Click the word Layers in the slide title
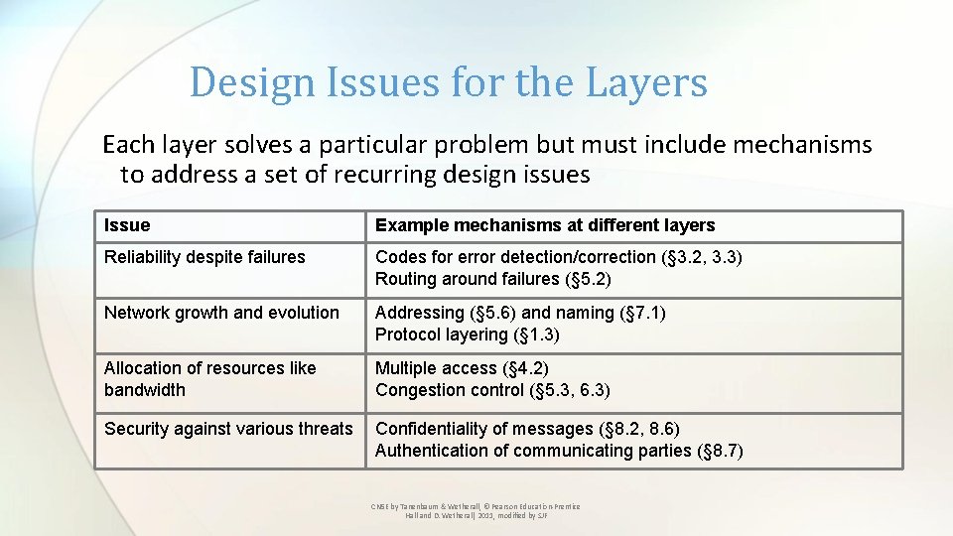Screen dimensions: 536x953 pyautogui.click(x=646, y=82)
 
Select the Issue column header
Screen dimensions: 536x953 pyautogui.click(x=127, y=225)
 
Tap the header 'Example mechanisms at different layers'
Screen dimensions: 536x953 pyautogui.click(x=544, y=225)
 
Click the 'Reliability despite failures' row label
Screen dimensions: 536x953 pyautogui.click(x=204, y=257)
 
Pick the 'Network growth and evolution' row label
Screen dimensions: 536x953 pyautogui.click(x=221, y=313)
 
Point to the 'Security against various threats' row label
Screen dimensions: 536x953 pyautogui.click(x=228, y=429)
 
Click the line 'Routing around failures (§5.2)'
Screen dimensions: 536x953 pyautogui.click(x=492, y=279)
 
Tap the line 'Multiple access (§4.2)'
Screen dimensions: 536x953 pyautogui.click(x=462, y=368)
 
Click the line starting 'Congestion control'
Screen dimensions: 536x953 pyautogui.click(x=492, y=390)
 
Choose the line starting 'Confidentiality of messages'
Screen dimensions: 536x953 pyautogui.click(x=527, y=429)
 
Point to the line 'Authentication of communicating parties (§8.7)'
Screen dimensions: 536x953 pyautogui.click(x=558, y=451)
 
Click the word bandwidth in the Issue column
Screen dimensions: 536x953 pyautogui.click(x=145, y=390)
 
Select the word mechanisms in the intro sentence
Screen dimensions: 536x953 pyautogui.click(x=802, y=145)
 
